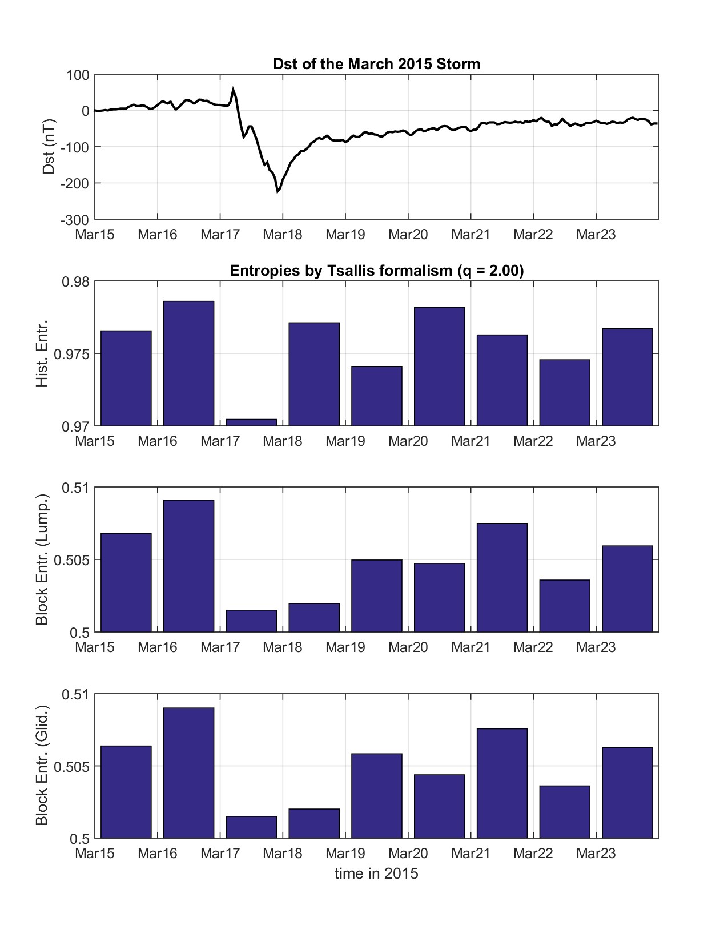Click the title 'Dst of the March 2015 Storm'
point(377,64)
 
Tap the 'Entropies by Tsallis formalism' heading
point(377,271)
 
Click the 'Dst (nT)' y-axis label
point(49,146)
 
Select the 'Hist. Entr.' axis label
point(42,353)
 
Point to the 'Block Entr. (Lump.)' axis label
point(42,559)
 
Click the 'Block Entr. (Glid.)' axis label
point(42,766)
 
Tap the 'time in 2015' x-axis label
point(376,873)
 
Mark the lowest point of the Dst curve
point(278,192)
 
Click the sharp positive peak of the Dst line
point(233,89)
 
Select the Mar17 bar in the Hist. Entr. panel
point(251,422)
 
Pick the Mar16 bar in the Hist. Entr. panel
point(188,363)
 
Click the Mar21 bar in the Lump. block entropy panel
point(502,577)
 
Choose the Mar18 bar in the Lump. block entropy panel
point(314,617)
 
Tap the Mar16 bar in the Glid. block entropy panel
point(188,773)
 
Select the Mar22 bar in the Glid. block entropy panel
point(565,812)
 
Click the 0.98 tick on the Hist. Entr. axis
point(78,281)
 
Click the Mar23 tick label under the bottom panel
point(596,854)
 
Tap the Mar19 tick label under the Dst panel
point(345,235)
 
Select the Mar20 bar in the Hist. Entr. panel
point(439,367)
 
